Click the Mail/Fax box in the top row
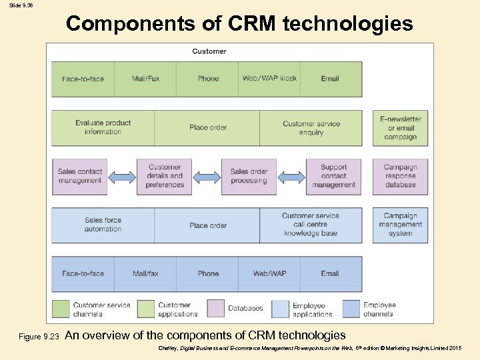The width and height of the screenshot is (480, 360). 145,79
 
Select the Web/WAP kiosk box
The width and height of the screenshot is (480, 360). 269,79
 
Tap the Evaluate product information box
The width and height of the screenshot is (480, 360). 103,127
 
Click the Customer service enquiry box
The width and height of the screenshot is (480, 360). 311,127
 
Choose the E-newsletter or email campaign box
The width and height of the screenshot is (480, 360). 400,127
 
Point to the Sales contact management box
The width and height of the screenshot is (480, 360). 79,176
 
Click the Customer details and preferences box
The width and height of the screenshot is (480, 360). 165,176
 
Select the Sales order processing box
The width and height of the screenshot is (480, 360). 249,176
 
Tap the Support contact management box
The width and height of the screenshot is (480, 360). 333,176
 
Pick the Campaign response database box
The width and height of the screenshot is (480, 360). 400,176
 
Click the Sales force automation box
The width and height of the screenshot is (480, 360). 103,225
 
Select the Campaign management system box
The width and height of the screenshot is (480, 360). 400,225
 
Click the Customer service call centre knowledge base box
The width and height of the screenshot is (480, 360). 311,225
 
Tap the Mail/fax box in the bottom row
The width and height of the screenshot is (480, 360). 145,273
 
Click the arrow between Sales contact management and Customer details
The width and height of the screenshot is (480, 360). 122,177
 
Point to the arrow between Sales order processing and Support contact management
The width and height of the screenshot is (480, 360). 291,177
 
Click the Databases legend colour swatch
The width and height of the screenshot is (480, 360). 216,308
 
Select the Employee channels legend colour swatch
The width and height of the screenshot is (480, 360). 351,308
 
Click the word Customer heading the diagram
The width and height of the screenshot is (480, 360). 209,51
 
